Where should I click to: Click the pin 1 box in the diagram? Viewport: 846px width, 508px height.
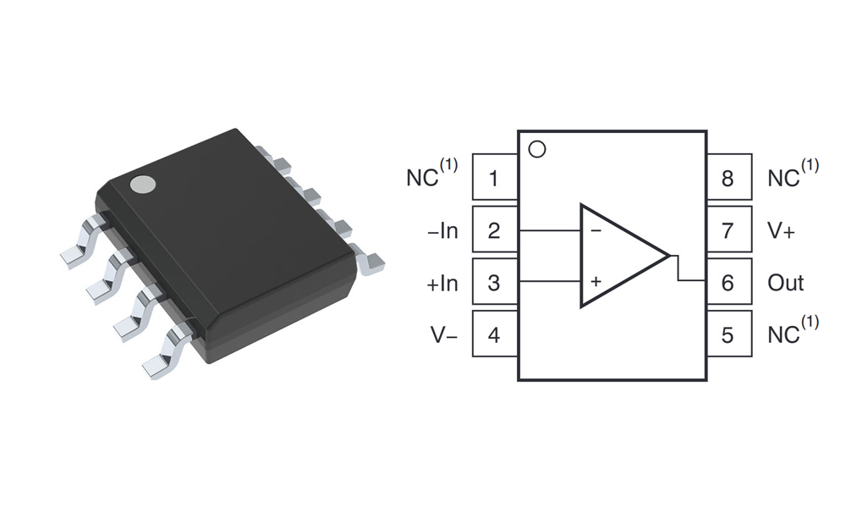(494, 178)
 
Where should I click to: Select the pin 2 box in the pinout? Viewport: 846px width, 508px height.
(494, 230)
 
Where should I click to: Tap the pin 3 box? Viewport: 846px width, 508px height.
(494, 283)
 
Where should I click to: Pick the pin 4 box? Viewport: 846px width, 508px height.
(494, 335)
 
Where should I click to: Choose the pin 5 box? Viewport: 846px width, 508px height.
(728, 335)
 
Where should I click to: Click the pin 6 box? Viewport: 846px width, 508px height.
(728, 283)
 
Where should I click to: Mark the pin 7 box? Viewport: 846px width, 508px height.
(728, 230)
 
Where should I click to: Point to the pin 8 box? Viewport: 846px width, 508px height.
(728, 178)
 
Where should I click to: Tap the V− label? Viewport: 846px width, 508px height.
(443, 335)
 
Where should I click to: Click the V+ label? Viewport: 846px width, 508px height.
(781, 230)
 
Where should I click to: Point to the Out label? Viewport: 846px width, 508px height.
(785, 283)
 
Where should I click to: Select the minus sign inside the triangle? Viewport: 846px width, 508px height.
(596, 230)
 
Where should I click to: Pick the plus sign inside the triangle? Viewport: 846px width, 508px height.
(596, 280)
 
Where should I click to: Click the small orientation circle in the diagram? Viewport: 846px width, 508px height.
(536, 150)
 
